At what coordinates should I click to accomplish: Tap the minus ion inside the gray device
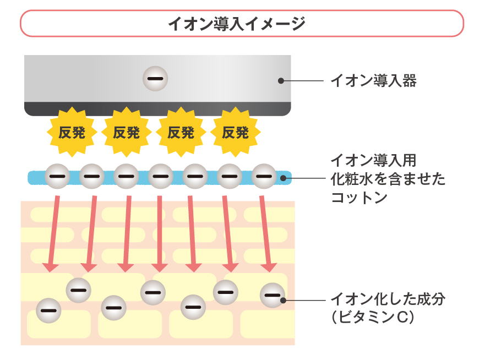pos(155,79)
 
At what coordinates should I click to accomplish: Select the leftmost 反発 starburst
pos(72,132)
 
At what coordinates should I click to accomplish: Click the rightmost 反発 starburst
pos(235,132)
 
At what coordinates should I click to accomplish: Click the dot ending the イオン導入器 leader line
pos(281,80)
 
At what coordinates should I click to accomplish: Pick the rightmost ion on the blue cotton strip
pos(264,177)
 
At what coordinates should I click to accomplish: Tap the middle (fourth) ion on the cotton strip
pos(160,177)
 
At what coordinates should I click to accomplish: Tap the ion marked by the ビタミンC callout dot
pos(272,295)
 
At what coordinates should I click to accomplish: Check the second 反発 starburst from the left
pos(127,132)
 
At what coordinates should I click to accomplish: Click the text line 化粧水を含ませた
pos(388,179)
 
